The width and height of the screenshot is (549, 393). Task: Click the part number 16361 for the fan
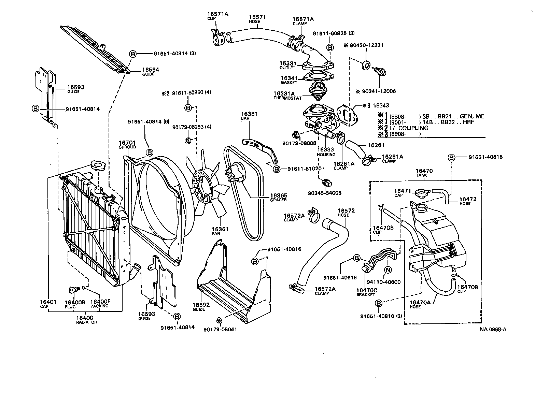[x=220, y=229]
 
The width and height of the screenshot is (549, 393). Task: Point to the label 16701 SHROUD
[x=127, y=145]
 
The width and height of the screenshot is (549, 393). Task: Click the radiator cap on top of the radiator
[x=98, y=167]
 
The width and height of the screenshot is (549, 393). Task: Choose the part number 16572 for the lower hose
[x=346, y=210]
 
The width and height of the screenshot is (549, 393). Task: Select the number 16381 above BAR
[x=249, y=114]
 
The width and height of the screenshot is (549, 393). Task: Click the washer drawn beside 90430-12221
[x=365, y=65]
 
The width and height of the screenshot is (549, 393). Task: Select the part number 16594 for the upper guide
[x=151, y=70]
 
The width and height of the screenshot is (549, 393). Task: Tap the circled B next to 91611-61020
[x=276, y=169]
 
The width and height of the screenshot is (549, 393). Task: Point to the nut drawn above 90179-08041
[x=220, y=320]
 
